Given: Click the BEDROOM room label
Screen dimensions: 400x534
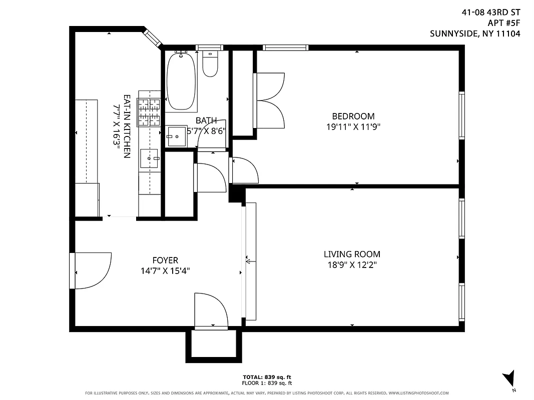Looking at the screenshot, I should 353,116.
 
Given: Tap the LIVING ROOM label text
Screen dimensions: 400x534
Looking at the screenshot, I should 352,254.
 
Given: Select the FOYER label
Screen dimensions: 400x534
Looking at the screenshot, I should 165,260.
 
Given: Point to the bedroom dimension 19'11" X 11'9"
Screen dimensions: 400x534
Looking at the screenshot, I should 353,127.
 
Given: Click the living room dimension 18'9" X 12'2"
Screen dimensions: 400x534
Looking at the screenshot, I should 352,264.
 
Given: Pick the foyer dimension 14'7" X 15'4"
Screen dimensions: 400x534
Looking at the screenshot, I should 165,271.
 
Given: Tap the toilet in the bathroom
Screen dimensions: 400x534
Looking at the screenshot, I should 210,65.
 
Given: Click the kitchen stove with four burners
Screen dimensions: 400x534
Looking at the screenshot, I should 149,111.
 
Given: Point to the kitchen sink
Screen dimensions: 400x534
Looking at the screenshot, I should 149,158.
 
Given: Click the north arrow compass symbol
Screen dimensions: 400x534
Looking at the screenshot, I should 510,378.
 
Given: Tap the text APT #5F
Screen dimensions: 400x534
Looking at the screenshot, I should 503,22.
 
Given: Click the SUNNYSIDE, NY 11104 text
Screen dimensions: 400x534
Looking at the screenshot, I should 475,34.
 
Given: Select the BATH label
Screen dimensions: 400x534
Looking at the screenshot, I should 206,120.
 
